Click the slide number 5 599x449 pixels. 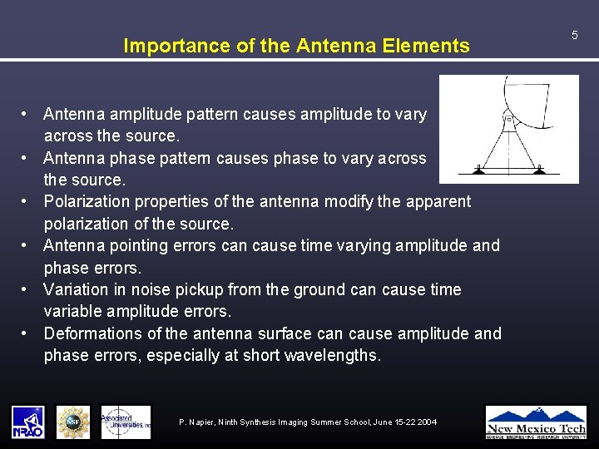(574, 34)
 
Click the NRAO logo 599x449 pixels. (27, 422)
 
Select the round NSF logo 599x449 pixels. (72, 422)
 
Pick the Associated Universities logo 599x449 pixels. (126, 422)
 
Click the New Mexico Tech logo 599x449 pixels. (536, 422)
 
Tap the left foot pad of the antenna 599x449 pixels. (478, 170)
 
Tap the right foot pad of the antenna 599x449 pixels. (539, 170)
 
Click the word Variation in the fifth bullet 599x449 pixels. (77, 289)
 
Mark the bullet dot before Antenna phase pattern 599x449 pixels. (27, 158)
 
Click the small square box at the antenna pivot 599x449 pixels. (508, 119)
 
